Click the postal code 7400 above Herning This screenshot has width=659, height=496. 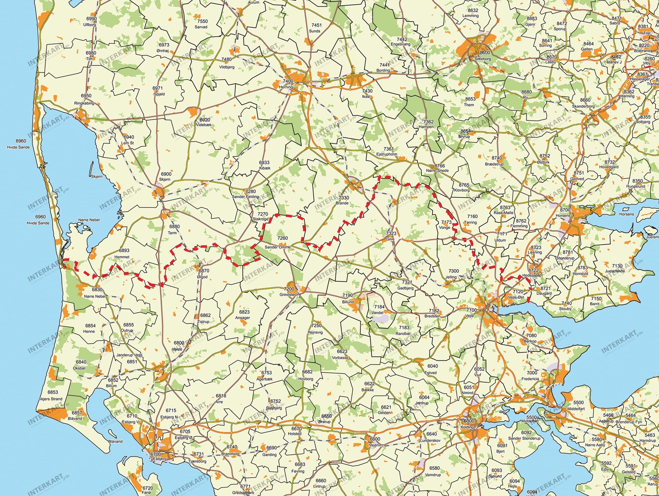[x=288, y=81]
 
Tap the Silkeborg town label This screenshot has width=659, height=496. [x=483, y=59]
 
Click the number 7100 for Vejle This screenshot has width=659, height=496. [x=472, y=310]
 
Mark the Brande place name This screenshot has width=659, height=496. [x=342, y=203]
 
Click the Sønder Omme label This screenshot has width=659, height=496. [x=277, y=247]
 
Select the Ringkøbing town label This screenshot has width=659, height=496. [x=84, y=103]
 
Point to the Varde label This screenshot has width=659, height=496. [x=177, y=349]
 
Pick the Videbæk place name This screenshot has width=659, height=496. [x=204, y=125]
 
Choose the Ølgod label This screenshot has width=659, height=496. [x=202, y=277]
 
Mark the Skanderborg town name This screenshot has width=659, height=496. [x=583, y=106]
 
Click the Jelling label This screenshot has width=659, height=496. [x=451, y=277]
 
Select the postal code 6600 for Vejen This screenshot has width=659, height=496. [x=375, y=439]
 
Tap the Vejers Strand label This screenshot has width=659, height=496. [x=51, y=399]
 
